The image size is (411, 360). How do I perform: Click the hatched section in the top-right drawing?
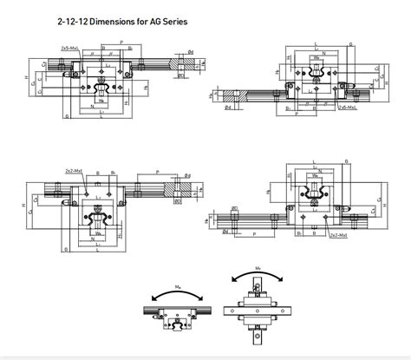coord(231,95)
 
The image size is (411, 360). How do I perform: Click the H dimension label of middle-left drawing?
coord(23,205)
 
